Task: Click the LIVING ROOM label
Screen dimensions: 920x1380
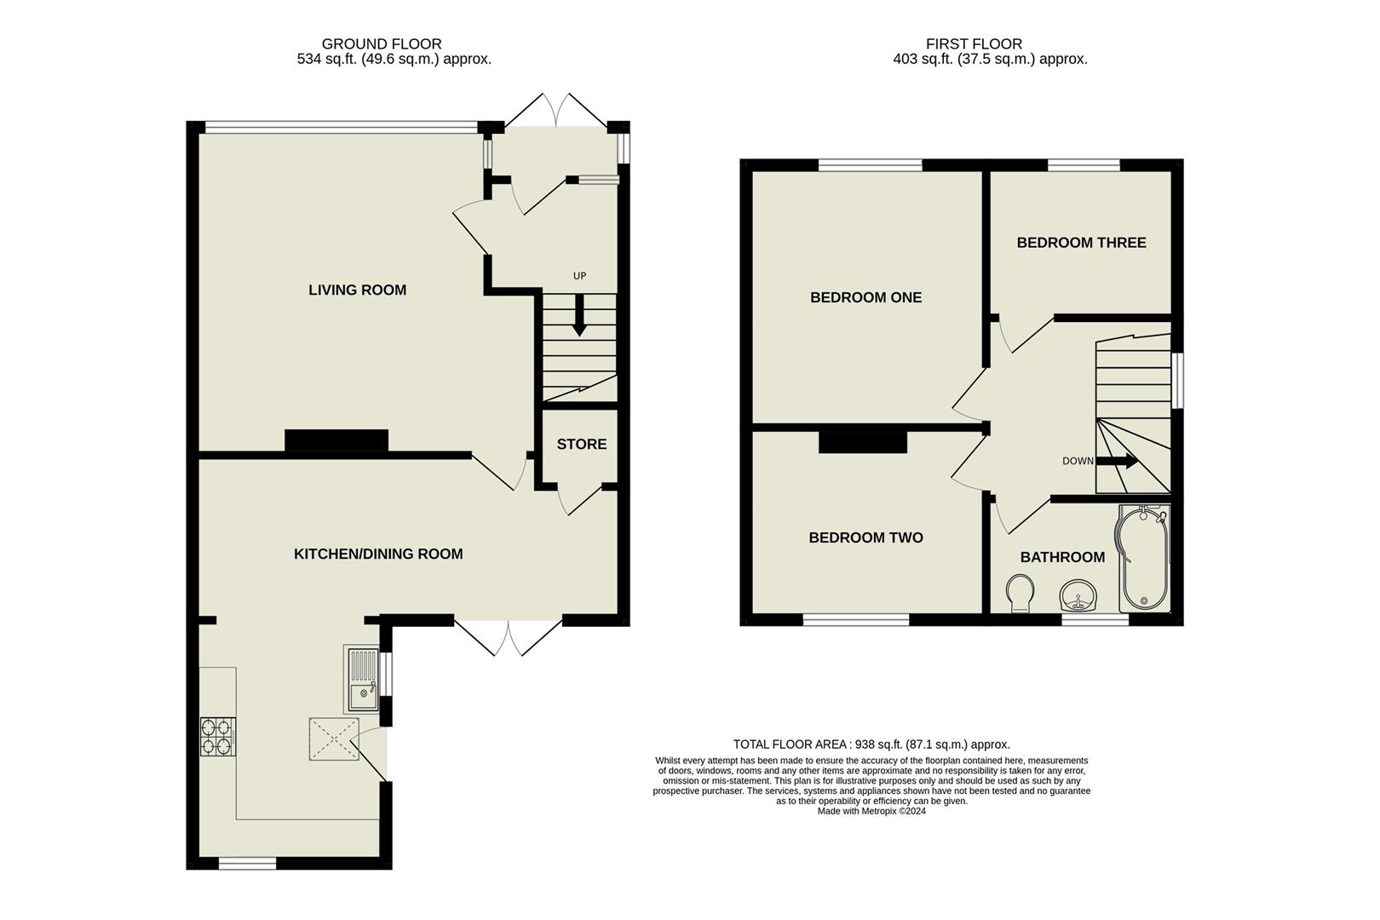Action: tap(357, 290)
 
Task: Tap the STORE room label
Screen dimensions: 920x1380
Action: tap(582, 445)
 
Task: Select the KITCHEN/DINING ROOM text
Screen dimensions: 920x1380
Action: tap(378, 555)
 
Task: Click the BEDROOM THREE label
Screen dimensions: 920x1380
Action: tap(1081, 243)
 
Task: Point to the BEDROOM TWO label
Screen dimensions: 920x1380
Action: tap(865, 538)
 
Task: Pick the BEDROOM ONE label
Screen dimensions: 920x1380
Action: tap(865, 297)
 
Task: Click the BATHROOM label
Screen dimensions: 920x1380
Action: tap(1062, 557)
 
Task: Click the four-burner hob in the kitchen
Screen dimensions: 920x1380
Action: tap(217, 737)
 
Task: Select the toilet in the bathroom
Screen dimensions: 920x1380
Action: tap(1019, 594)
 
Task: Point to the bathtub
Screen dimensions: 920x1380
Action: tap(1143, 558)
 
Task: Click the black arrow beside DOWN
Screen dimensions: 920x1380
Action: tap(1118, 462)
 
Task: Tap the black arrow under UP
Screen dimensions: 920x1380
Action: tap(579, 314)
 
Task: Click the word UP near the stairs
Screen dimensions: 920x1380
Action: tap(579, 276)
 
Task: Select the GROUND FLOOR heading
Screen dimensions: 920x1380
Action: tap(382, 44)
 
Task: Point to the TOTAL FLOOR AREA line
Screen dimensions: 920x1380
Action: tap(871, 745)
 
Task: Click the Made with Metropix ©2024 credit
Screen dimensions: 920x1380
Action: tap(871, 812)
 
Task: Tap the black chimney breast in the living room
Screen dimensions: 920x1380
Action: tap(336, 440)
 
